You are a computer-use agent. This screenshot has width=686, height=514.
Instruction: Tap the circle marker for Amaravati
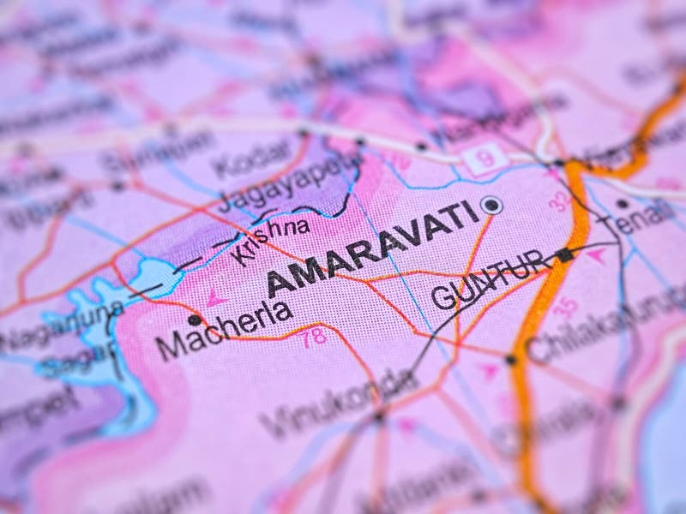click(x=491, y=205)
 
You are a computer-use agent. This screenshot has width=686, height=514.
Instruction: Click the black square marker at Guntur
click(x=563, y=254)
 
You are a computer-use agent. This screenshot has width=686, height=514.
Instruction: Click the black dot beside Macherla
click(x=195, y=320)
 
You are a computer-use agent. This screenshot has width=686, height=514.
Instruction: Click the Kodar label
click(x=252, y=158)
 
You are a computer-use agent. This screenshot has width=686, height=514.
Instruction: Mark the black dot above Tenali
click(x=622, y=204)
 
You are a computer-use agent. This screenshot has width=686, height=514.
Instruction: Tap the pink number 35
click(x=564, y=307)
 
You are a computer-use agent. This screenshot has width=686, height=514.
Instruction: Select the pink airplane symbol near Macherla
click(x=214, y=298)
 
